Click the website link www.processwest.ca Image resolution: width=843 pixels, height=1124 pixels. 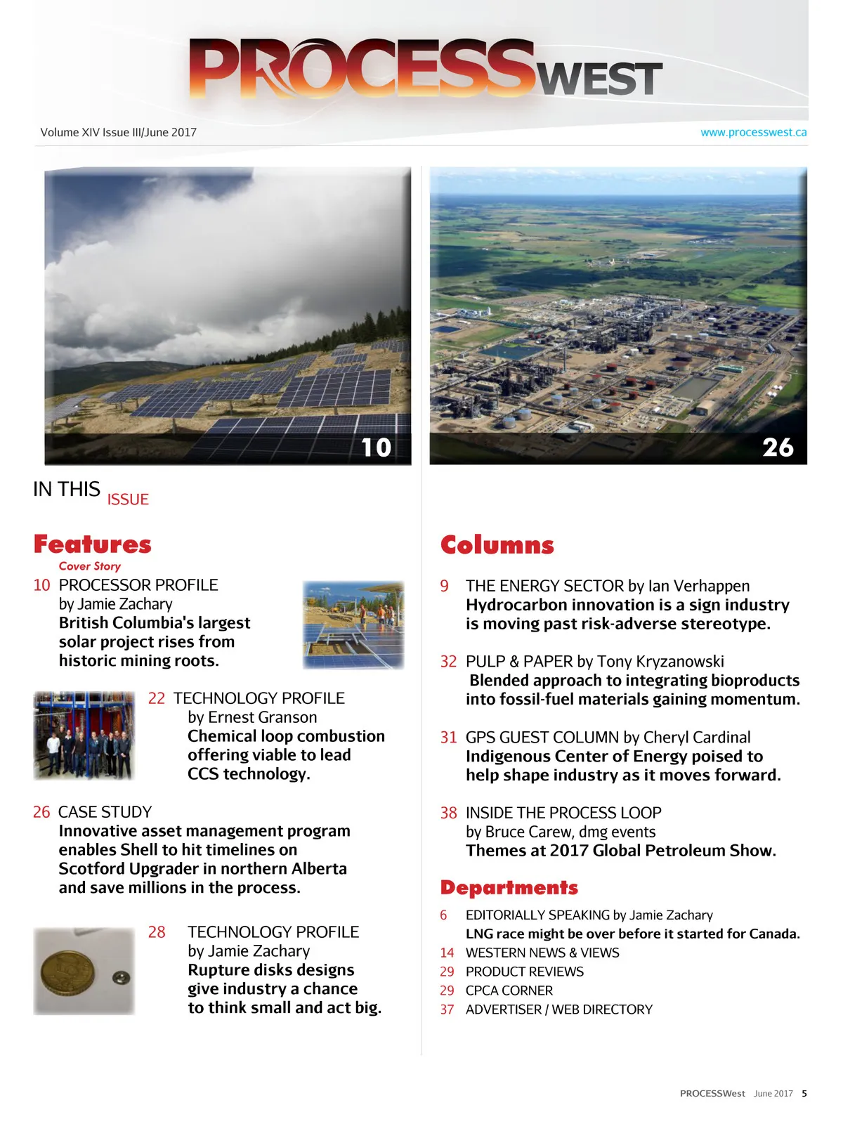(753, 132)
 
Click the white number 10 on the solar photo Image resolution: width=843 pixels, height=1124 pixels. (376, 447)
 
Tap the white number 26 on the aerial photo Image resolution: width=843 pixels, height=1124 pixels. (778, 447)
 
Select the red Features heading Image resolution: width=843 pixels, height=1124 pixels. (93, 544)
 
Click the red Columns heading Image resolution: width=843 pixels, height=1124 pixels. (497, 545)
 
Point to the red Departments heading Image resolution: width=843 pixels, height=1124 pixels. (509, 888)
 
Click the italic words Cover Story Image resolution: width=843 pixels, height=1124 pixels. (90, 566)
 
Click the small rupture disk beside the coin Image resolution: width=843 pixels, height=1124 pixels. (122, 977)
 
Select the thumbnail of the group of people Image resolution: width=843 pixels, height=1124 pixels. (84, 736)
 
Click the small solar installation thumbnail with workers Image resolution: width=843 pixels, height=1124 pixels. (353, 625)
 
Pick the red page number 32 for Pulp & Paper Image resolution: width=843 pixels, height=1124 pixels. (448, 662)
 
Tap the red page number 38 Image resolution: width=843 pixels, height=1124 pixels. (448, 813)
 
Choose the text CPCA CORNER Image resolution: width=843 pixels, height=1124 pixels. (509, 991)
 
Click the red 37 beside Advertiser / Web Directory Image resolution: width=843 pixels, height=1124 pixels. (447, 1009)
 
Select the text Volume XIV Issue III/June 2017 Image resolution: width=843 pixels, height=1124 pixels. (119, 132)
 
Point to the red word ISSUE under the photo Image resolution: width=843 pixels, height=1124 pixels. (128, 499)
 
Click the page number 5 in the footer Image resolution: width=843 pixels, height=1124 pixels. (804, 1094)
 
